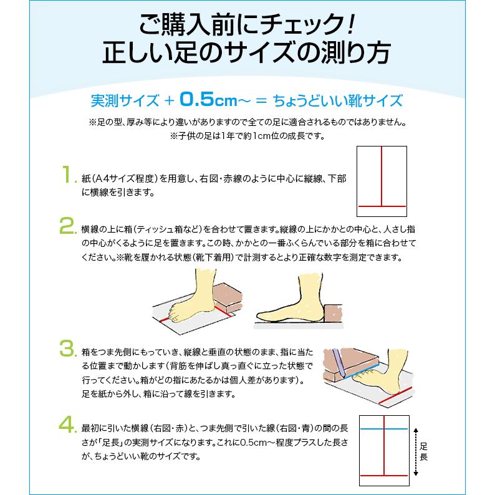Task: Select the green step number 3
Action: coord(66,347)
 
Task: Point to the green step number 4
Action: coord(66,426)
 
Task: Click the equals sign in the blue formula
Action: coord(262,100)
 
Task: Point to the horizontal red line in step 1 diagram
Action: coord(382,206)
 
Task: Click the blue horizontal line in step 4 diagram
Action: coord(383,430)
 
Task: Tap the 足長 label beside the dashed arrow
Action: coord(424,453)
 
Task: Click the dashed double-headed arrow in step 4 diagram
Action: coord(414,453)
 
